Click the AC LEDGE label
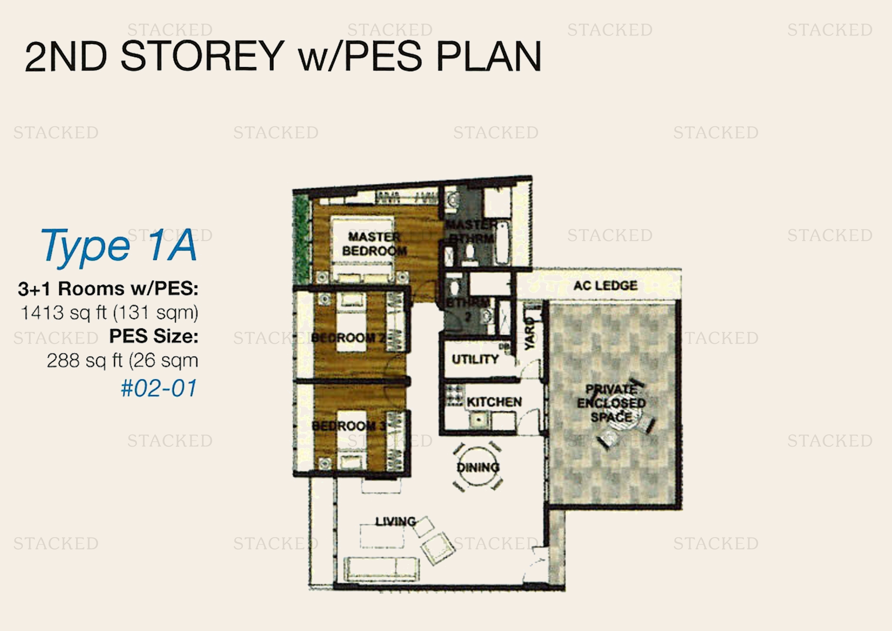tap(605, 286)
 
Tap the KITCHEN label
tap(494, 402)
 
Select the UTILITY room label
tap(475, 359)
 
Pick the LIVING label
tap(395, 522)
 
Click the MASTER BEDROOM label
tap(374, 244)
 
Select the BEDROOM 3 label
tap(349, 426)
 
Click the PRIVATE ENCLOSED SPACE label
tap(611, 403)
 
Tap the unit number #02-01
tap(159, 388)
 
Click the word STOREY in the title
tap(203, 56)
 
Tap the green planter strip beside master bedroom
tap(301, 239)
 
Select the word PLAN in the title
tap(489, 56)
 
